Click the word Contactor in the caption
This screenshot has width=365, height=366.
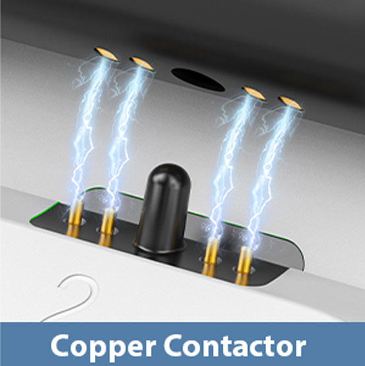tap(235, 345)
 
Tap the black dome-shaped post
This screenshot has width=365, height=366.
tap(163, 208)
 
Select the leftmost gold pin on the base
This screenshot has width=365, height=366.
tap(75, 220)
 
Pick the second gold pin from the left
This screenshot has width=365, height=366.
tap(107, 228)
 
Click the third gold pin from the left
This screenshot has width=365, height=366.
tap(210, 257)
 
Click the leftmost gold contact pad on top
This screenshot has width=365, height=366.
tap(106, 54)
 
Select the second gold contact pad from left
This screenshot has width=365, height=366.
tap(142, 63)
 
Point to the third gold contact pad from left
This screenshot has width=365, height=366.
tap(254, 93)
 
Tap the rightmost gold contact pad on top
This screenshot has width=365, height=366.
tap(291, 103)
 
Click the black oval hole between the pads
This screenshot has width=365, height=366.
tap(198, 80)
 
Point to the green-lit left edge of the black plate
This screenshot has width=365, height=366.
tap(43, 210)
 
